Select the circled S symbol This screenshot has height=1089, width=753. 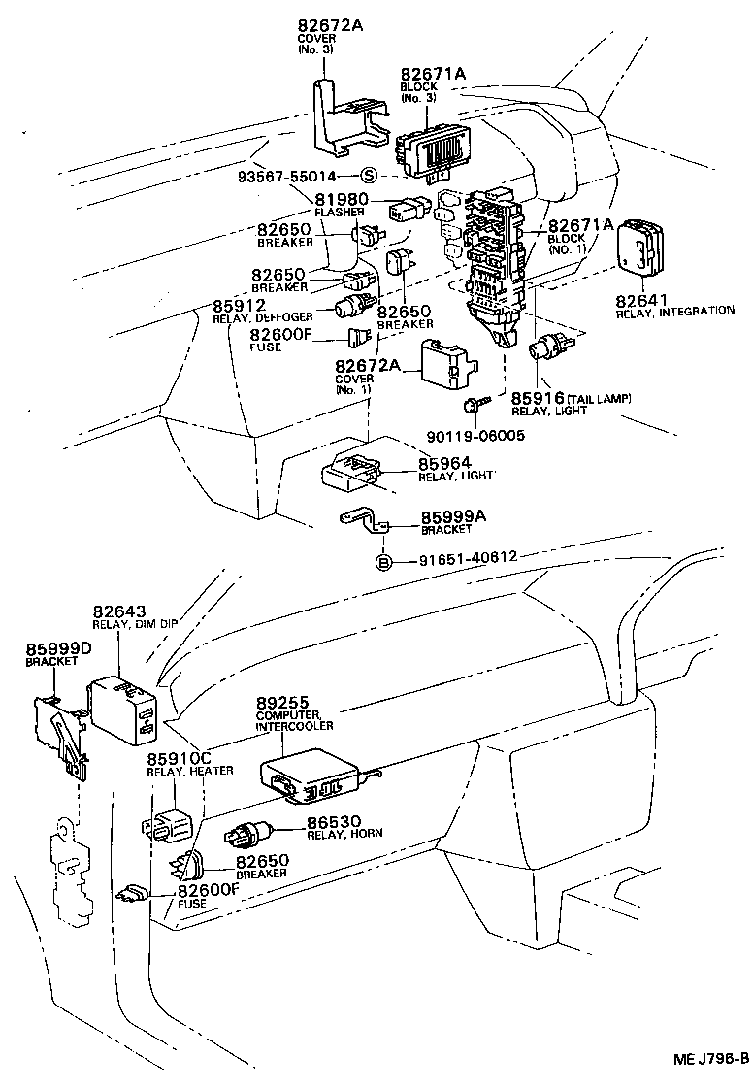369,176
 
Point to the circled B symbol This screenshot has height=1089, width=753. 383,562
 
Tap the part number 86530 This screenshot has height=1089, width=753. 333,821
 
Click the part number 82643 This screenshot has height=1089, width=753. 119,612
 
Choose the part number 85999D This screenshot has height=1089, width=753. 59,648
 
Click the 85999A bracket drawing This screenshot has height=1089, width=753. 362,523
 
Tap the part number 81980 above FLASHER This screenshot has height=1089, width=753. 340,200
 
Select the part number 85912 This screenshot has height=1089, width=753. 241,305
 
